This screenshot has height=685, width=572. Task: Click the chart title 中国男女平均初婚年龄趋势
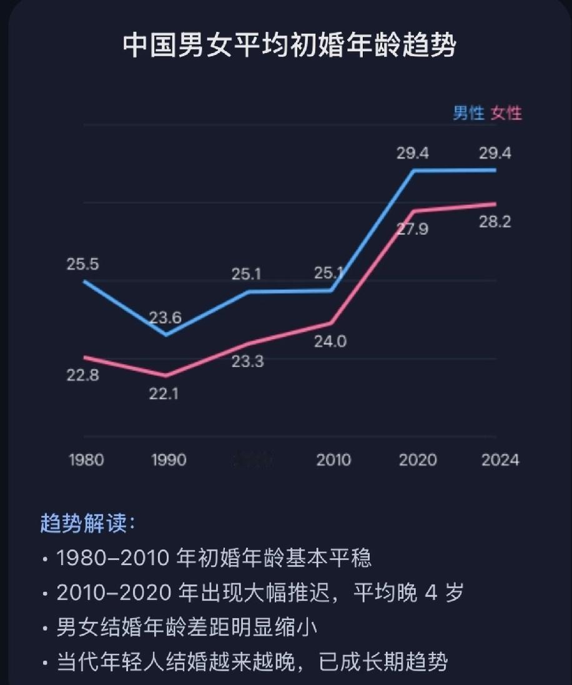[289, 46]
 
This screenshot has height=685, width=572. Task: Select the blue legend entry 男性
[468, 113]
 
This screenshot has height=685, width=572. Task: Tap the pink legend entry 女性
[506, 113]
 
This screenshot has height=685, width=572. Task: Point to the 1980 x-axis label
[86, 460]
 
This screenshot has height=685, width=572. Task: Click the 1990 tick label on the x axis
[169, 460]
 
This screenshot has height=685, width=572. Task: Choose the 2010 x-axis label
[333, 460]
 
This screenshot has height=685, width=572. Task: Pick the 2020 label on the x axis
[418, 460]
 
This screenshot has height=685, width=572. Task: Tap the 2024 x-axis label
[500, 460]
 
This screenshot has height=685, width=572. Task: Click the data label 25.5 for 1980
[83, 264]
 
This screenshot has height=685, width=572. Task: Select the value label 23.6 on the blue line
[165, 318]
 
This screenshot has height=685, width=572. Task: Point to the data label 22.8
[83, 376]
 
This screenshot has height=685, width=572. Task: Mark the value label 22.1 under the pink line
[164, 395]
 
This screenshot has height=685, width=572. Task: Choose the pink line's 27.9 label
[413, 229]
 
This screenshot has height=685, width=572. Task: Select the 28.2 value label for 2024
[495, 222]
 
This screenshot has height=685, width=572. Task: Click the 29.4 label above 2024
[495, 153]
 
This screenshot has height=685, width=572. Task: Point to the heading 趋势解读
[88, 524]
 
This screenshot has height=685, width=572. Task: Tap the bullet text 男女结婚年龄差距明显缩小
[187, 627]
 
